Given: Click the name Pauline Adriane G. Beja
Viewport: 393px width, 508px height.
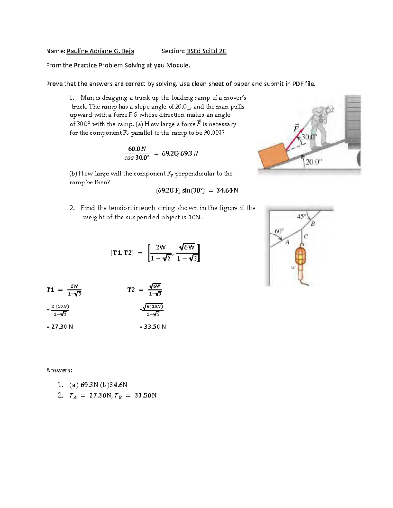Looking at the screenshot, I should (100, 51).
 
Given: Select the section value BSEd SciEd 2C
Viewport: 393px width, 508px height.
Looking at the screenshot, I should (206, 51).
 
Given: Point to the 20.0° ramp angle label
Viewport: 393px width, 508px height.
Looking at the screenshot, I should (314, 162).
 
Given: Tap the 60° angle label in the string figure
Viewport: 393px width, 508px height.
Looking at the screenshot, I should (279, 231).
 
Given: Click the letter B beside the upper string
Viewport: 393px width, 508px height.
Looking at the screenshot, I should (312, 224).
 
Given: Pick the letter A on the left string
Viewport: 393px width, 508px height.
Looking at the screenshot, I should (287, 242).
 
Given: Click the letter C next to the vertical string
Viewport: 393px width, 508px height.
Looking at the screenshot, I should (305, 236).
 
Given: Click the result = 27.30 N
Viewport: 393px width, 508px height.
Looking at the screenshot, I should (60, 327).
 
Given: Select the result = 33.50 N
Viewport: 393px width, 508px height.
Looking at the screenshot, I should (153, 327).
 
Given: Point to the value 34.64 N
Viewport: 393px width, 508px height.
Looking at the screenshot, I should (227, 190).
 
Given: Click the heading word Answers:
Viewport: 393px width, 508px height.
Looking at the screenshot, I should (59, 370).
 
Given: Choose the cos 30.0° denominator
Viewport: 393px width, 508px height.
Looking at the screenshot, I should (137, 158).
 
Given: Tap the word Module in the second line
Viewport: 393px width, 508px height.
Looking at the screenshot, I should (178, 65).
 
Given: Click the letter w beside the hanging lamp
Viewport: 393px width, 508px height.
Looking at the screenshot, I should (293, 267).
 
